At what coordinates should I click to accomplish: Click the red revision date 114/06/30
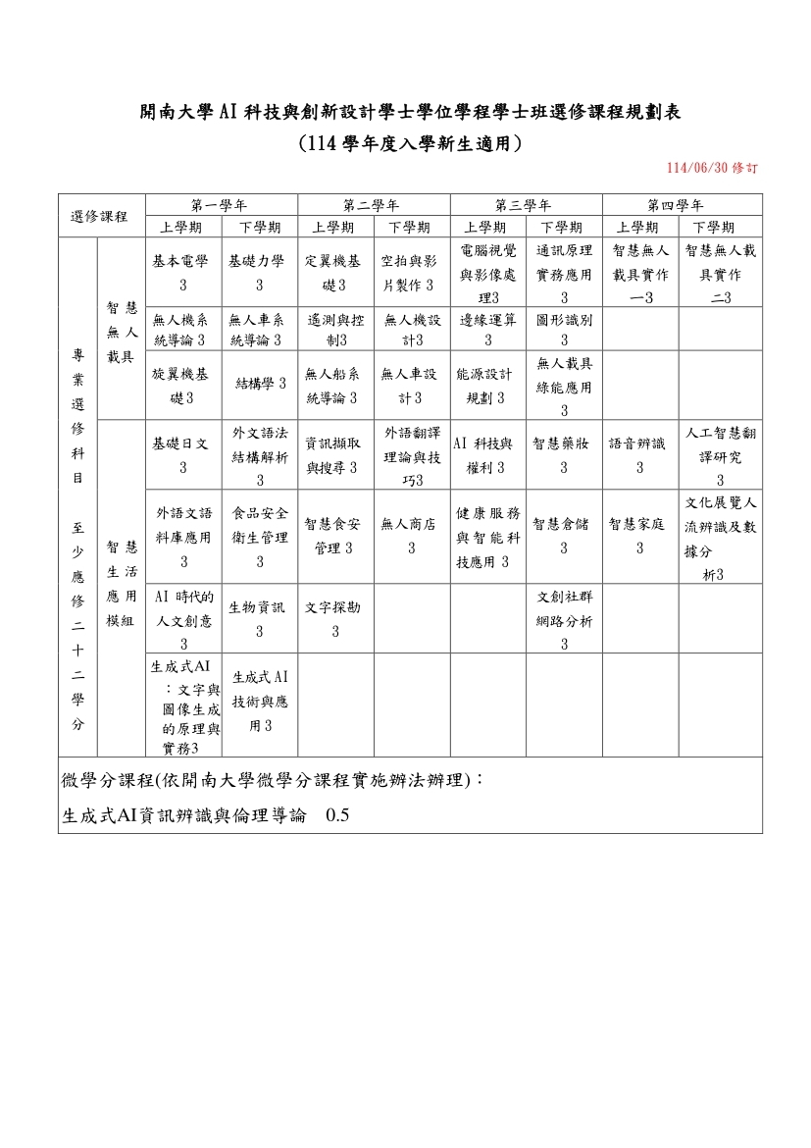(x=710, y=168)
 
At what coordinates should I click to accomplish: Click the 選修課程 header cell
(x=101, y=216)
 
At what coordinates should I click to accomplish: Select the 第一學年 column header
(x=221, y=205)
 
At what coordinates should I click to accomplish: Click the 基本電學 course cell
(x=182, y=273)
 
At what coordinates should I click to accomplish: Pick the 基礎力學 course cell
(x=259, y=273)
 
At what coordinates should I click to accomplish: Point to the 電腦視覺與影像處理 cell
(x=487, y=273)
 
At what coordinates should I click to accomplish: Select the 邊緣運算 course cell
(x=487, y=330)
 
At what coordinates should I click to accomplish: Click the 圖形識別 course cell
(x=564, y=330)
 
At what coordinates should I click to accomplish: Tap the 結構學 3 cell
(x=259, y=383)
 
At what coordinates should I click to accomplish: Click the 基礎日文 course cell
(x=182, y=455)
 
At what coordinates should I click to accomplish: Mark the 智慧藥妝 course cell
(x=564, y=455)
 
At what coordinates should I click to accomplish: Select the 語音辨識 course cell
(x=639, y=455)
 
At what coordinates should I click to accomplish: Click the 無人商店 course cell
(x=411, y=536)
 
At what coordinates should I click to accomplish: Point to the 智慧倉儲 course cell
(x=564, y=536)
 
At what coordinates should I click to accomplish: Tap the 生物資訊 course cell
(x=259, y=619)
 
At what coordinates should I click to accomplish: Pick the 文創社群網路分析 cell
(x=564, y=619)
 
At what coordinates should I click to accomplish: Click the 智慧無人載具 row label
(x=120, y=331)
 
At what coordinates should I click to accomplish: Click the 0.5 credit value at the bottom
(x=337, y=814)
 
